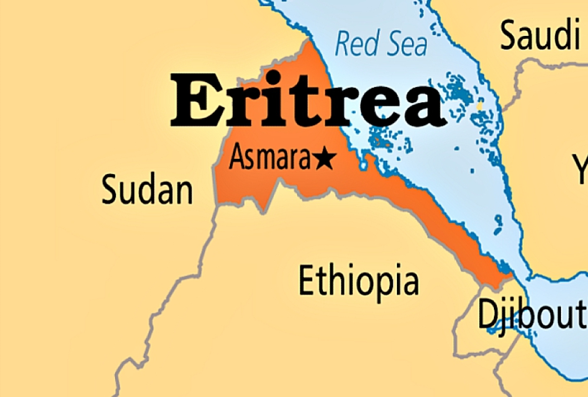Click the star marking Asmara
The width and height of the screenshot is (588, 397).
(324, 159)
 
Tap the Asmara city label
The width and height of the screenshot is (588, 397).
(271, 158)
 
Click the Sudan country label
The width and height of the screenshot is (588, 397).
(147, 191)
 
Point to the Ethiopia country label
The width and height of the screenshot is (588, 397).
(359, 281)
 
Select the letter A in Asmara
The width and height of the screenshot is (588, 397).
(238, 157)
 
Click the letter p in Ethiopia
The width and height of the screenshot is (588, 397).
(385, 286)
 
